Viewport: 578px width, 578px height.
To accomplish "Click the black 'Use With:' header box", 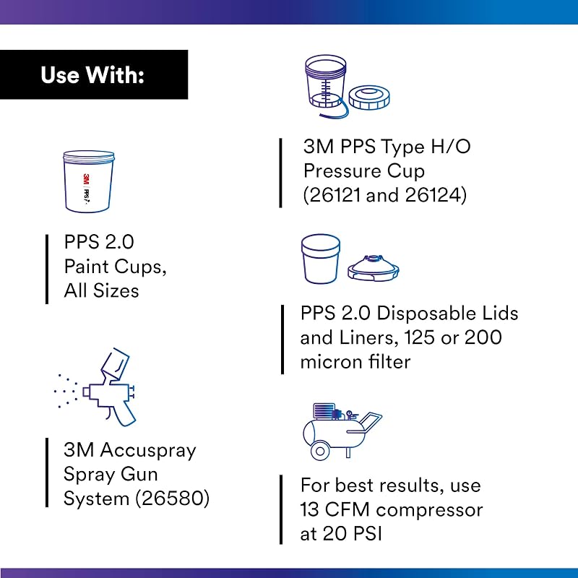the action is (x=94, y=74).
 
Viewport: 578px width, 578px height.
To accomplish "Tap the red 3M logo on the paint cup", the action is (x=86, y=180).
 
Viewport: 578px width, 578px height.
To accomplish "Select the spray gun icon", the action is (x=95, y=387).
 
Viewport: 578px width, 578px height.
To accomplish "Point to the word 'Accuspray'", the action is (x=148, y=451).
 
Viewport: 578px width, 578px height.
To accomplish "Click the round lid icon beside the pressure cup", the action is (x=369, y=98).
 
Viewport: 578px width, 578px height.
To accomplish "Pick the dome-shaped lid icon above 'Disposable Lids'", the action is (x=373, y=267).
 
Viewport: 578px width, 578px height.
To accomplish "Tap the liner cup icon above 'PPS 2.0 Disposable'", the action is (x=321, y=259).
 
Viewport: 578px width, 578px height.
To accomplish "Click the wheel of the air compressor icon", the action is (x=320, y=451).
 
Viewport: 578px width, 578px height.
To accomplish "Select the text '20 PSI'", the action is (x=352, y=533).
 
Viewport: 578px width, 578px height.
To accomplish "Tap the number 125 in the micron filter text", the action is (x=419, y=337).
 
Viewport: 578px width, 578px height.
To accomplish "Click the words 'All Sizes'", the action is (x=101, y=290).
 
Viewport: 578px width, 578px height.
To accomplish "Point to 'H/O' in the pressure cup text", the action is (x=450, y=147).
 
